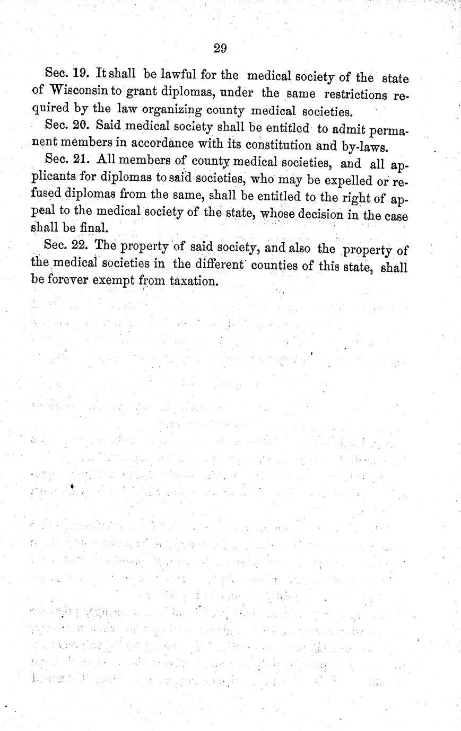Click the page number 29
coord(220,49)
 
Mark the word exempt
coord(118,281)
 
